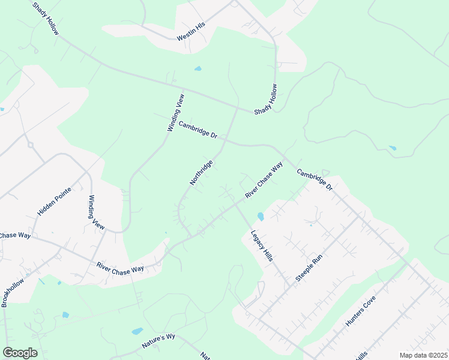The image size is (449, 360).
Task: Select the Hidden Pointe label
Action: point(54,202)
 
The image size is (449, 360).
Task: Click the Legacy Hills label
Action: point(262,244)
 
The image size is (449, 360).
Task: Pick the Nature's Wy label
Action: point(158,341)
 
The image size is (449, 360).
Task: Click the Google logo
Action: point(20,353)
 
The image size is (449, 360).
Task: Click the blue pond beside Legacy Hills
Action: point(260,216)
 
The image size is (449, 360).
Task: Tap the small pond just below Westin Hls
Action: point(198,68)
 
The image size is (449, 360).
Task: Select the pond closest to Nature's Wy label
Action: point(137,331)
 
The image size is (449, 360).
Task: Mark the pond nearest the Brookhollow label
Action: point(65,314)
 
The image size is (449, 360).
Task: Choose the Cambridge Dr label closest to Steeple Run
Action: point(315,179)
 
